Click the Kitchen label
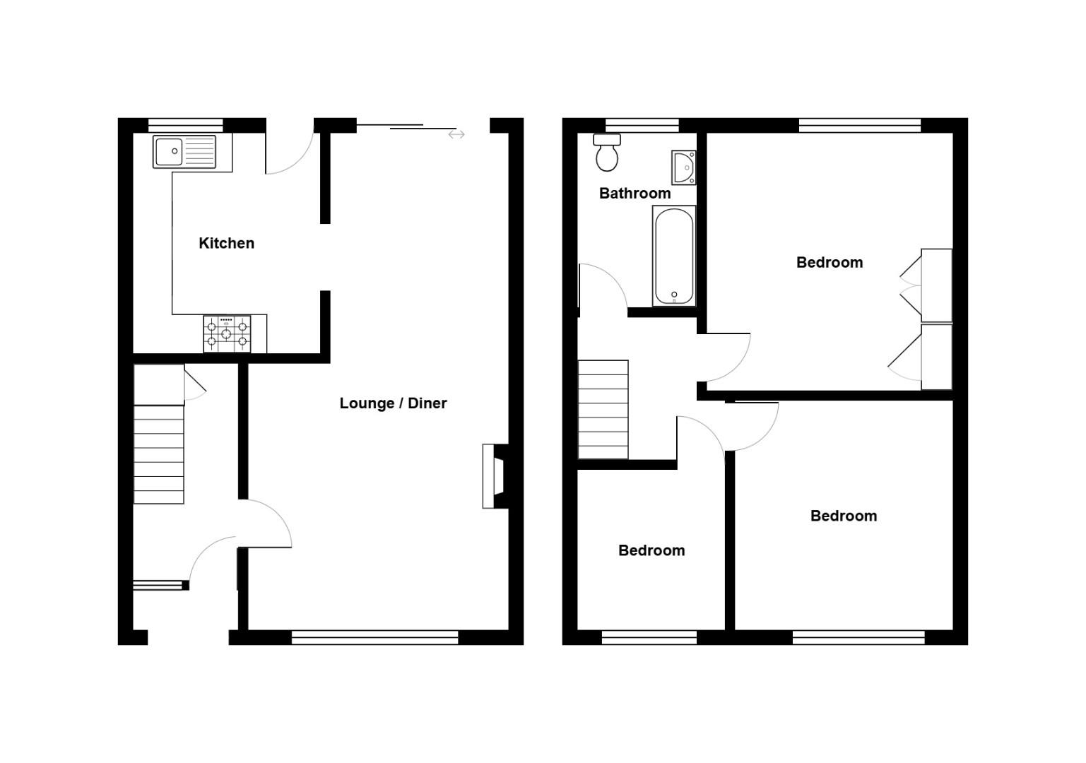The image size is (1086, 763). (x=226, y=243)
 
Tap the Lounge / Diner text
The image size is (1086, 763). (x=393, y=403)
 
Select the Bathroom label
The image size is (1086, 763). (x=635, y=194)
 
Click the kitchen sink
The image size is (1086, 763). (x=184, y=152)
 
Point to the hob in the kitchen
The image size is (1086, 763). (x=227, y=333)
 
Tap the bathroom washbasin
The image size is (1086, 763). (x=683, y=167)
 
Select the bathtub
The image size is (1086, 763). (x=674, y=256)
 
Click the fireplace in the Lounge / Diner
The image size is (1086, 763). (x=494, y=475)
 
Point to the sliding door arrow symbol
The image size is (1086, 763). (x=456, y=134)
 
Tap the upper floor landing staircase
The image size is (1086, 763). (x=603, y=410)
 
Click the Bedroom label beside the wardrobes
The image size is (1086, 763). (x=829, y=263)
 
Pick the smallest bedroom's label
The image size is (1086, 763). (x=651, y=551)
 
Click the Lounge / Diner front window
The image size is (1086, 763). (x=374, y=638)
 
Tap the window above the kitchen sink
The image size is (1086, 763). (x=185, y=125)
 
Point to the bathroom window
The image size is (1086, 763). (x=642, y=125)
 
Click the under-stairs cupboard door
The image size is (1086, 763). (x=195, y=384)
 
